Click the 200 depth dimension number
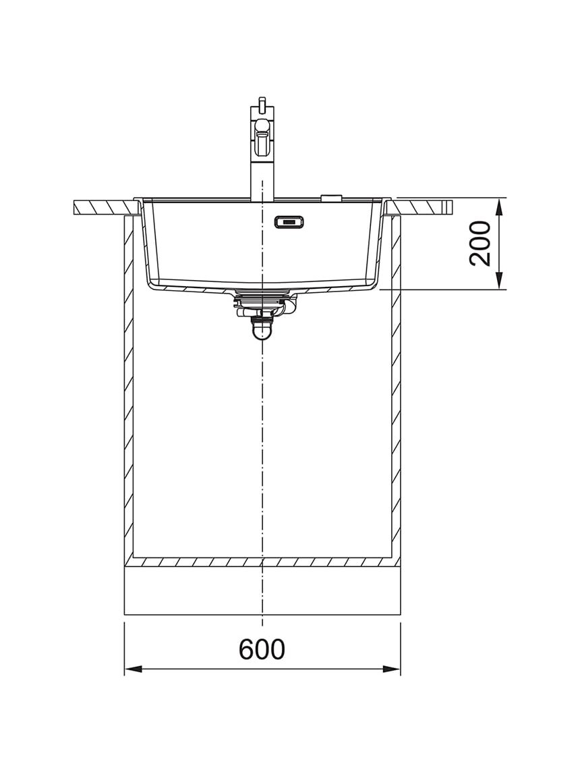point(480,244)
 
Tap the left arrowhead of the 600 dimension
point(133,669)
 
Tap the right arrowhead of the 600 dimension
point(391,669)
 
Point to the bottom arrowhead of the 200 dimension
point(499,280)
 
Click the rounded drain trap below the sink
point(262,331)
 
